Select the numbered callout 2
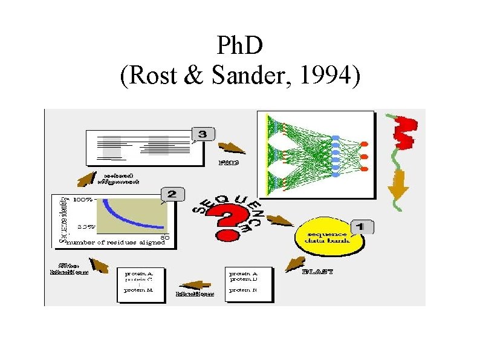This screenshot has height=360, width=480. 172,194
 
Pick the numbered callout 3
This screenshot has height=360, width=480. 203,134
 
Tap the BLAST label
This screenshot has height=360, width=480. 317,272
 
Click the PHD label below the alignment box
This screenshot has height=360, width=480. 228,162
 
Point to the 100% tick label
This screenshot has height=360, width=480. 83,198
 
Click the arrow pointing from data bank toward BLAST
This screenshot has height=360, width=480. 295,263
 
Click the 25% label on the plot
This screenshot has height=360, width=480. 85,227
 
